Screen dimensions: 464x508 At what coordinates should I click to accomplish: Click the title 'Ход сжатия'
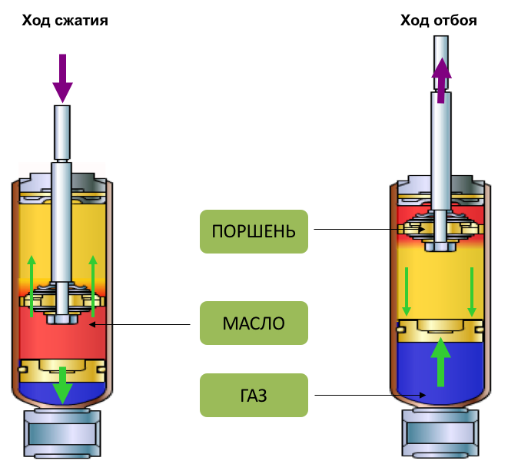(x=64, y=21)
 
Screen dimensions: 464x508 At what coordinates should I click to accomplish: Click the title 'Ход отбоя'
(x=439, y=21)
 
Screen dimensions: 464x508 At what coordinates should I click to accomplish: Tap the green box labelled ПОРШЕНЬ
(x=254, y=230)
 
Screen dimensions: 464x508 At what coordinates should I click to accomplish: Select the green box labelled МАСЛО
(x=254, y=323)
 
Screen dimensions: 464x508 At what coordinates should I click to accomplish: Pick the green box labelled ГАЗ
(x=254, y=396)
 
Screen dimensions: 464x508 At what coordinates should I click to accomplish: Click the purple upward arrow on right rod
(x=440, y=81)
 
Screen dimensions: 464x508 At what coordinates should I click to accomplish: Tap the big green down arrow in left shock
(x=62, y=385)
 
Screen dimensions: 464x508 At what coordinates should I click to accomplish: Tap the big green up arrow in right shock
(x=440, y=361)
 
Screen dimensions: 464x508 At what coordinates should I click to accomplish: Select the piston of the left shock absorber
(x=62, y=300)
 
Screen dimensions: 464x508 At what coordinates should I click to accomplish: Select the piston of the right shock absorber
(x=440, y=229)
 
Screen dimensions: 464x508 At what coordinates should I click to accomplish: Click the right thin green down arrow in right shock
(x=471, y=292)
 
